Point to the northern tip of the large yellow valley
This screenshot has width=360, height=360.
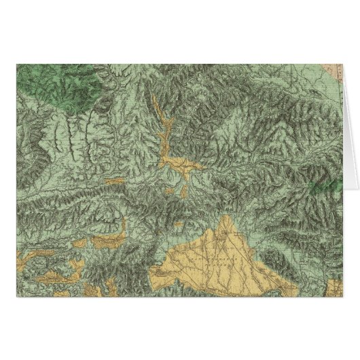coord(226,218)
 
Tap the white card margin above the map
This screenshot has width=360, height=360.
coord(180,31)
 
